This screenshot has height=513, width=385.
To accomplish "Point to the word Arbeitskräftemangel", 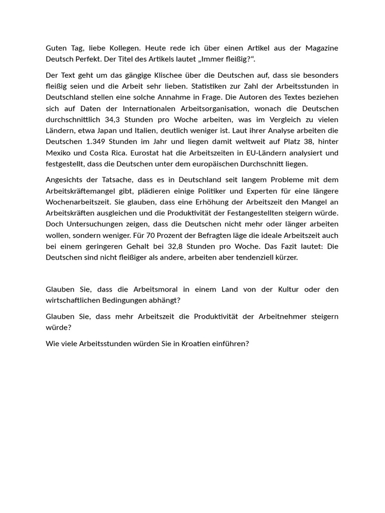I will click(82, 191).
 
